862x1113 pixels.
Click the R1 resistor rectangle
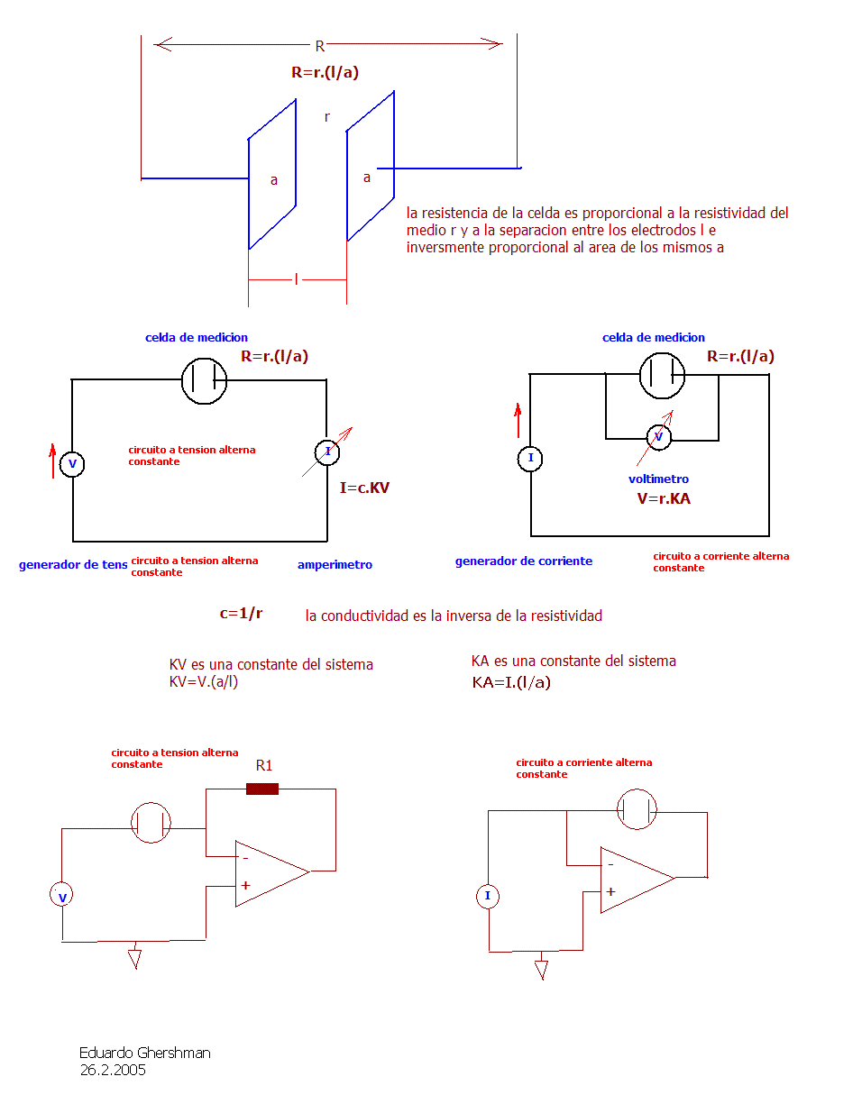coord(261,789)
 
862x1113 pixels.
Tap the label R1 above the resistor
coord(263,765)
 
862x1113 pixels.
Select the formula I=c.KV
coord(364,488)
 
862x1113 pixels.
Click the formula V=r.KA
coord(663,498)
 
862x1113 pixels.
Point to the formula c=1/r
coord(241,613)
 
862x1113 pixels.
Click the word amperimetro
coord(335,564)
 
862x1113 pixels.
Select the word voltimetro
coord(658,479)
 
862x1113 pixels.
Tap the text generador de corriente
coord(523,561)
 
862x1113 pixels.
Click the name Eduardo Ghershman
coord(144,1053)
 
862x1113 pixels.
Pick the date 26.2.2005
coord(113,1070)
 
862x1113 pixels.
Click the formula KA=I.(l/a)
coord(511,682)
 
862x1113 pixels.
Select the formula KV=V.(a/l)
coord(204,681)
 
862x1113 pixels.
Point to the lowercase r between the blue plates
coord(327,117)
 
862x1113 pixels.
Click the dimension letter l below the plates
coord(296,279)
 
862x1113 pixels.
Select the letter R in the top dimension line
coord(320,46)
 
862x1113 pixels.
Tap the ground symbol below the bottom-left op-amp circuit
coord(134,958)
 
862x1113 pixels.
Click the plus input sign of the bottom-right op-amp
coord(610,891)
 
